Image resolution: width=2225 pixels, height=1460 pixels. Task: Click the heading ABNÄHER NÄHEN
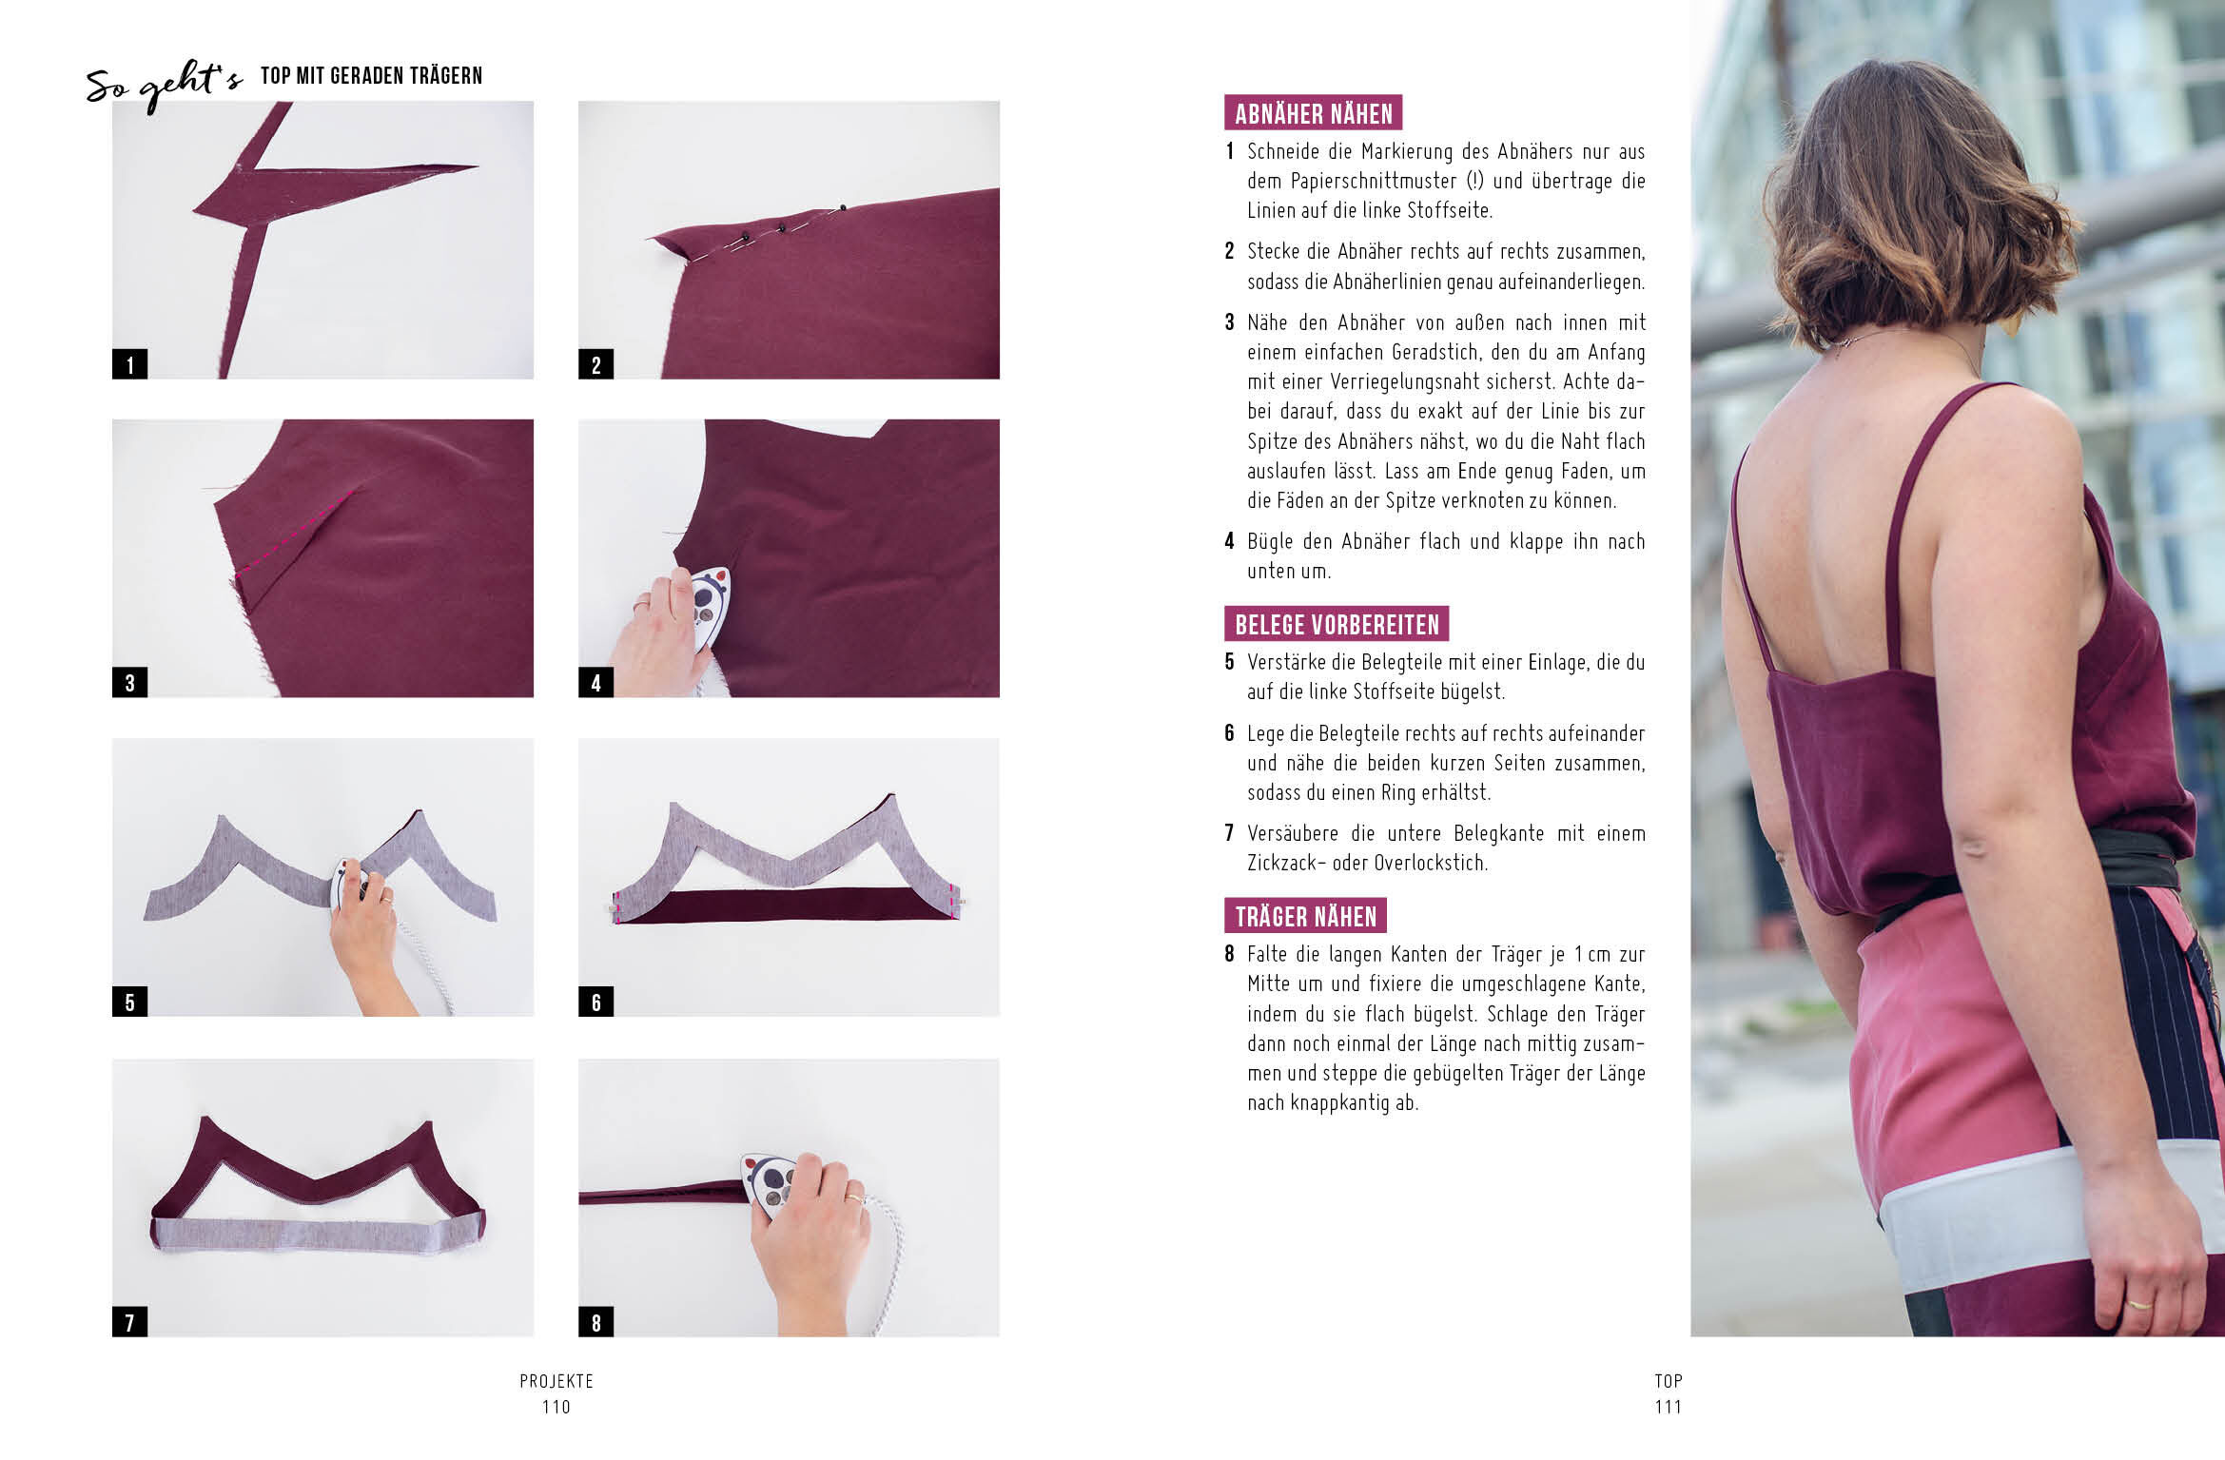(1313, 113)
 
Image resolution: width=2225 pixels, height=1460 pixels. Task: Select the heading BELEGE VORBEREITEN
(1337, 624)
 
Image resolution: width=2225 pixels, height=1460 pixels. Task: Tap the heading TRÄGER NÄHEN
(1305, 916)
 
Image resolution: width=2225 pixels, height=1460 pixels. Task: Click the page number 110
(556, 1407)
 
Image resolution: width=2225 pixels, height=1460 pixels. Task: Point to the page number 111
(1669, 1407)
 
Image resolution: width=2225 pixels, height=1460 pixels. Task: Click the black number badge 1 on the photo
(129, 364)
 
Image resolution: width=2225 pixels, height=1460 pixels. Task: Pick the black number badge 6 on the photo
(595, 1002)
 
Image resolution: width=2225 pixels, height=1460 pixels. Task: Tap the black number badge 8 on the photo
(595, 1322)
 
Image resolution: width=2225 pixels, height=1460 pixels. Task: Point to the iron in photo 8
(769, 1182)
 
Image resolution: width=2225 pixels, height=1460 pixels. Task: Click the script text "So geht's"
(165, 85)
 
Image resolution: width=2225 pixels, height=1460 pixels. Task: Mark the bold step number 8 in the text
(1230, 954)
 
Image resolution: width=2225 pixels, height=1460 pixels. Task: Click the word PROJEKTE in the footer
(556, 1381)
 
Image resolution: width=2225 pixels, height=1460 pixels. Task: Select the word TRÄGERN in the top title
(444, 75)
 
